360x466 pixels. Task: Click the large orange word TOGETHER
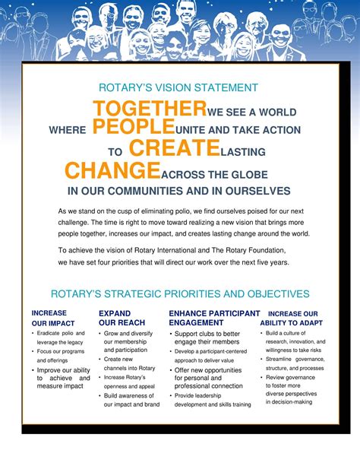tap(150, 109)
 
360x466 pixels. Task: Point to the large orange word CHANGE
tap(112, 170)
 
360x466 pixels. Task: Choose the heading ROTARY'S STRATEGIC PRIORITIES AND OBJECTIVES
tap(179, 293)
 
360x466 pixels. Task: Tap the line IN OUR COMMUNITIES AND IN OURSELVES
tap(179, 191)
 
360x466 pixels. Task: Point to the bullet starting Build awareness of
tap(131, 400)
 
